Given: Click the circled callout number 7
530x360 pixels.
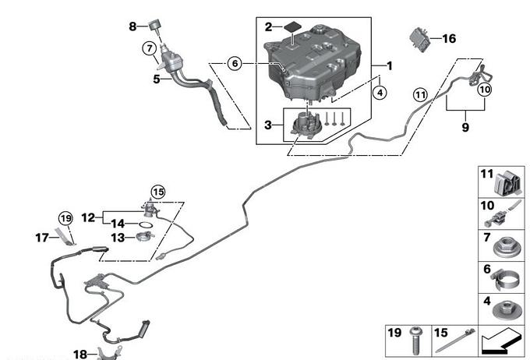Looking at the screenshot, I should (148, 48).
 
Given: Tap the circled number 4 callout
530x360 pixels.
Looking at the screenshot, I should (380, 93).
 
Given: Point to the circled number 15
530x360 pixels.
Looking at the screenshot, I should (158, 191).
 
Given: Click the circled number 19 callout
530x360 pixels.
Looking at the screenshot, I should (65, 219).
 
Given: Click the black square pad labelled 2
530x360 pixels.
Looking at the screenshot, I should (292, 26).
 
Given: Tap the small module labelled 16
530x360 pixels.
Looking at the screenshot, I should (421, 37).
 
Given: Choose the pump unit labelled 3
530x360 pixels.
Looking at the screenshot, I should (304, 125).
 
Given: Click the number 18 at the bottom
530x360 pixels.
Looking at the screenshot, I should (79, 355).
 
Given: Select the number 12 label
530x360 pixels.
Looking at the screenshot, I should (87, 217).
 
